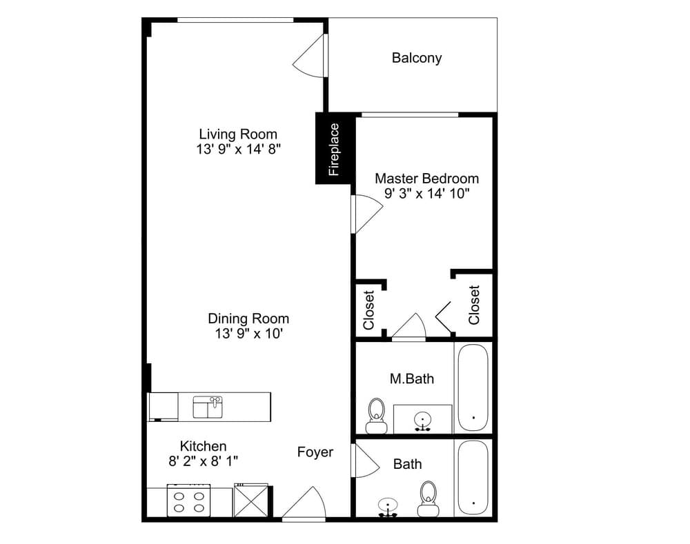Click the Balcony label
tap(416, 58)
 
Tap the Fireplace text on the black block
tap(335, 149)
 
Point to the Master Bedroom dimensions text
tap(426, 194)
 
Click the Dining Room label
tap(248, 319)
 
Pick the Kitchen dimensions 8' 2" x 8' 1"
tap(203, 461)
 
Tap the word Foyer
tap(315, 452)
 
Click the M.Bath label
tap(412, 378)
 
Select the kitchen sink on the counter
tap(208, 407)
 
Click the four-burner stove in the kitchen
tap(188, 500)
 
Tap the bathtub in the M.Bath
tap(473, 388)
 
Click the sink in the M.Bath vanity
tap(422, 420)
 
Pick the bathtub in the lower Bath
tap(473, 477)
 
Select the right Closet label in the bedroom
tap(473, 305)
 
